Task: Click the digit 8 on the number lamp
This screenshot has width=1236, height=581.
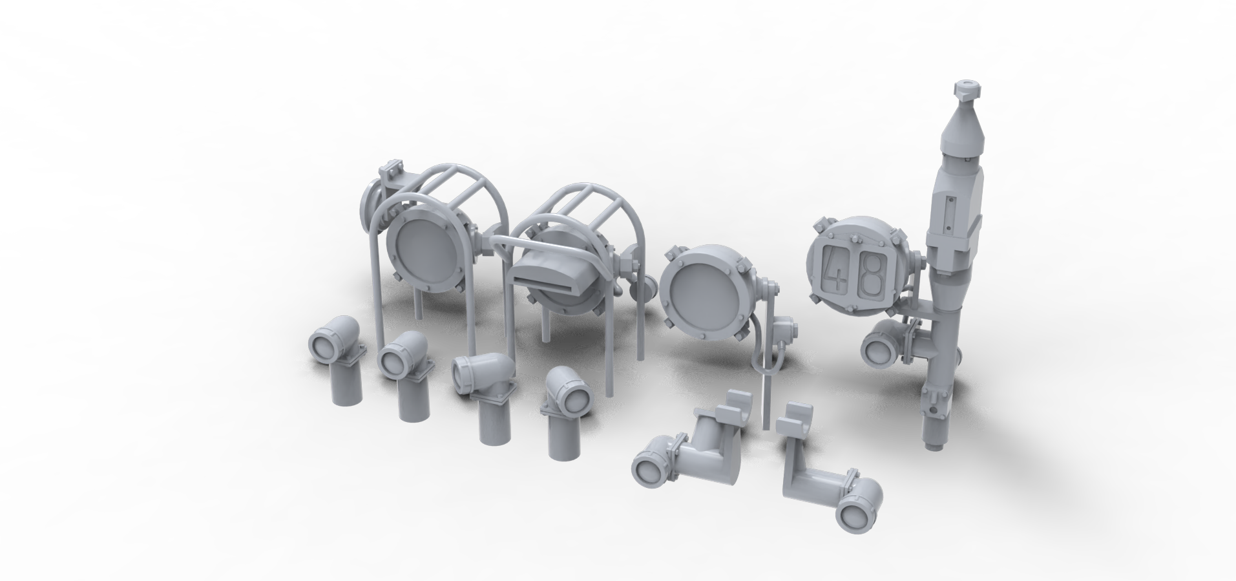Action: click(x=872, y=272)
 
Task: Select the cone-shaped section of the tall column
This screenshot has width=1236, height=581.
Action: click(x=963, y=130)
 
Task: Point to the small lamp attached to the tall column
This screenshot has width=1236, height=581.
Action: click(x=883, y=343)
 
